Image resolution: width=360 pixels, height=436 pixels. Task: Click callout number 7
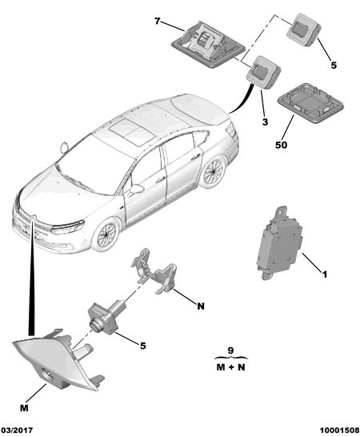(x=158, y=21)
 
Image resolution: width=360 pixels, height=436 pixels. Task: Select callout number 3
(x=266, y=122)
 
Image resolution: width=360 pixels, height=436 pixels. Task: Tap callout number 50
(x=281, y=145)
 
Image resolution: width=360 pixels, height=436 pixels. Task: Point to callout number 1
(x=325, y=274)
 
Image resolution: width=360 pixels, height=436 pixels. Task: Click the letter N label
(x=201, y=306)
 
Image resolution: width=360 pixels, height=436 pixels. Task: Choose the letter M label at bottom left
(x=24, y=408)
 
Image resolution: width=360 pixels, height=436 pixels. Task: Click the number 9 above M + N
(x=230, y=350)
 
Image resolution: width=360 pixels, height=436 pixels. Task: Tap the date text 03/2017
(x=17, y=430)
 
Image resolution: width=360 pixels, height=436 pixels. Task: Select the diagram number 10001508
(x=339, y=430)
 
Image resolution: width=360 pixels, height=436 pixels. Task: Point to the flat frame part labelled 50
(x=310, y=102)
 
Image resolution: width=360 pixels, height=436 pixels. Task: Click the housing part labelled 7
(x=208, y=44)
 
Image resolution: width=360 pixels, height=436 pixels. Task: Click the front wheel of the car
(x=106, y=235)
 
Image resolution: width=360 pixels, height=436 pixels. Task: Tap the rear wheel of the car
(x=213, y=172)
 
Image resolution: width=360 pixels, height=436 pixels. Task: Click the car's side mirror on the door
(x=136, y=189)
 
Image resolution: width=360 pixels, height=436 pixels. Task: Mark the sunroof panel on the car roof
(x=131, y=132)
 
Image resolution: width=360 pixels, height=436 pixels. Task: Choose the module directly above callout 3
(x=263, y=72)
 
